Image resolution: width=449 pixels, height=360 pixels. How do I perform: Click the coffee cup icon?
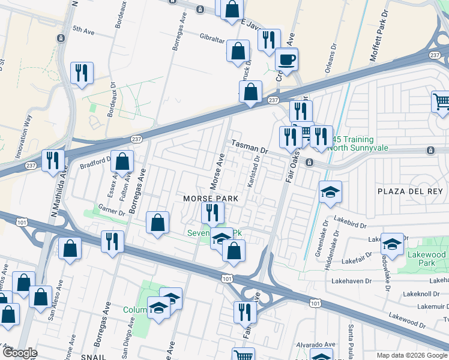coord(286,59)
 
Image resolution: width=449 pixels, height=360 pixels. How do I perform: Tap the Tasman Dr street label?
coord(247,148)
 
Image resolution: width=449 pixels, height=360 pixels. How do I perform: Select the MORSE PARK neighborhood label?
coord(211,199)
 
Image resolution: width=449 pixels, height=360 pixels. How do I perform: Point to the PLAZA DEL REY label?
coord(410,191)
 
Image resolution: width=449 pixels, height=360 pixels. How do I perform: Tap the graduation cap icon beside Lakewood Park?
coord(392,244)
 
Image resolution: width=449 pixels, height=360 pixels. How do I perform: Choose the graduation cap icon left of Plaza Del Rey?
coord(330,193)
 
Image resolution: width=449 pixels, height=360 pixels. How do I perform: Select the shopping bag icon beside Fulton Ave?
coord(122,161)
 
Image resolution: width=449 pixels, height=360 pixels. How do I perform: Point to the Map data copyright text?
coord(411,355)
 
